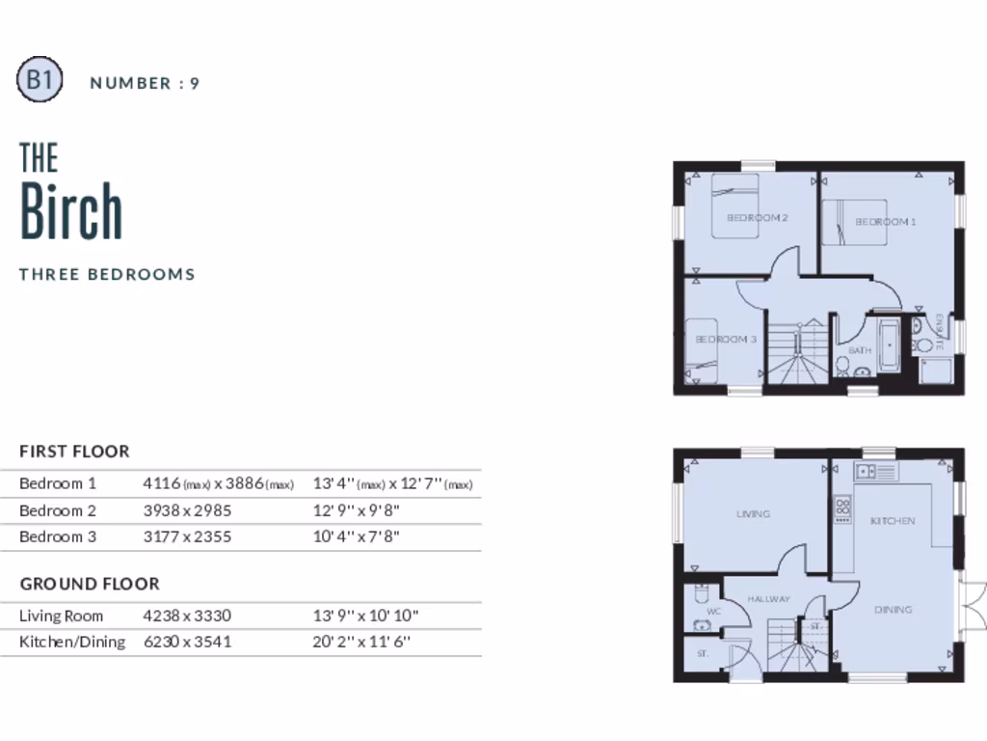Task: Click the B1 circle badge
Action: click(40, 81)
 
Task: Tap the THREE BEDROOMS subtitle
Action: click(107, 274)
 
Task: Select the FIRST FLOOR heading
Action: click(74, 451)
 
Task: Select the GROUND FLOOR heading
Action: click(90, 584)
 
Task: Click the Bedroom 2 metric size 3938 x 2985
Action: click(187, 510)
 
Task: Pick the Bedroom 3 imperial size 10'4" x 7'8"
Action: click(356, 536)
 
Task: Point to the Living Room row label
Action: click(61, 616)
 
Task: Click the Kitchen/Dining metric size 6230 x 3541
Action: click(187, 642)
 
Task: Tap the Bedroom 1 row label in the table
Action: click(58, 483)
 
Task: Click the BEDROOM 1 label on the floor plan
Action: click(885, 222)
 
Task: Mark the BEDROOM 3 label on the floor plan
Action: click(726, 340)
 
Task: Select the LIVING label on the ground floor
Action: click(753, 514)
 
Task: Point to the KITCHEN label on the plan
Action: click(893, 521)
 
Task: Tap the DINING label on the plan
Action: click(893, 610)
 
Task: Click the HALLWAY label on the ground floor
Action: click(768, 599)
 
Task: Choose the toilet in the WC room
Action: click(701, 593)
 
